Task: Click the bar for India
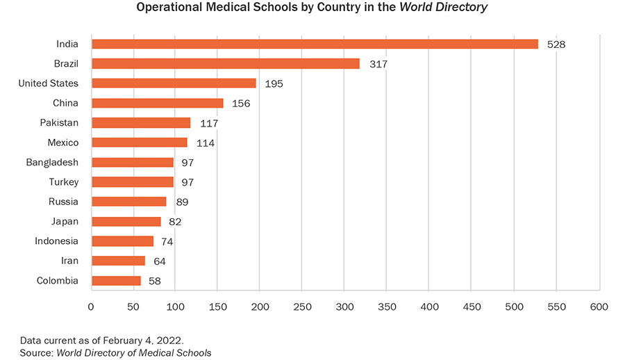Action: pos(315,44)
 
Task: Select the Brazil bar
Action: pos(226,64)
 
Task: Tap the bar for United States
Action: pos(174,83)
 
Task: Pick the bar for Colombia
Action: pos(116,281)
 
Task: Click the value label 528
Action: pos(556,44)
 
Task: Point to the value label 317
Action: pos(378,64)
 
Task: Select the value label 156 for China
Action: pos(241,104)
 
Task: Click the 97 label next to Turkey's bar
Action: pos(186,182)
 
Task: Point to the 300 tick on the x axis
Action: pos(345,306)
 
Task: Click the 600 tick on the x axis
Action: pos(599,306)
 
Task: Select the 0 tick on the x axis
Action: pos(91,306)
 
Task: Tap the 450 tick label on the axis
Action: pos(472,306)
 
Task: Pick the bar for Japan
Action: pos(126,222)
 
